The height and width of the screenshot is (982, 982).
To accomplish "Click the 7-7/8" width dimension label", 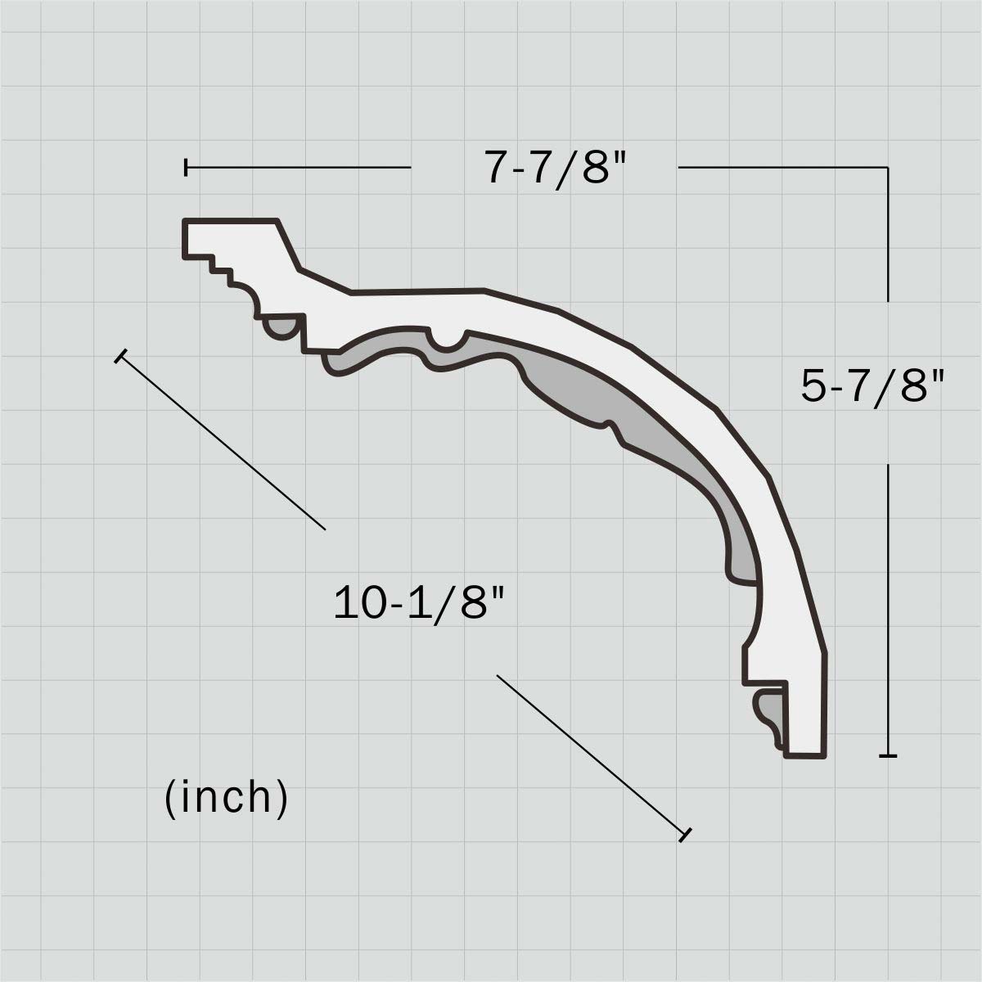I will pyautogui.click(x=556, y=169).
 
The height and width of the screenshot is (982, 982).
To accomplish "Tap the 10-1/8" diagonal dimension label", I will pyautogui.click(x=418, y=604).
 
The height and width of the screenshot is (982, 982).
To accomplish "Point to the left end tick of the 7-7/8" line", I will pyautogui.click(x=187, y=168).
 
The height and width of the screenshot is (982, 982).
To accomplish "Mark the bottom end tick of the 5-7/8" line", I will pyautogui.click(x=888, y=755).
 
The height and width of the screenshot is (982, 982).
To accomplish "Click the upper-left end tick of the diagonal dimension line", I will pyautogui.click(x=121, y=356).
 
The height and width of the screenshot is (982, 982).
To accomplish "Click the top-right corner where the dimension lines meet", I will pyautogui.click(x=888, y=168).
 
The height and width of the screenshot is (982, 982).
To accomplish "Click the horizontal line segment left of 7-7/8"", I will pyautogui.click(x=299, y=168).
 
